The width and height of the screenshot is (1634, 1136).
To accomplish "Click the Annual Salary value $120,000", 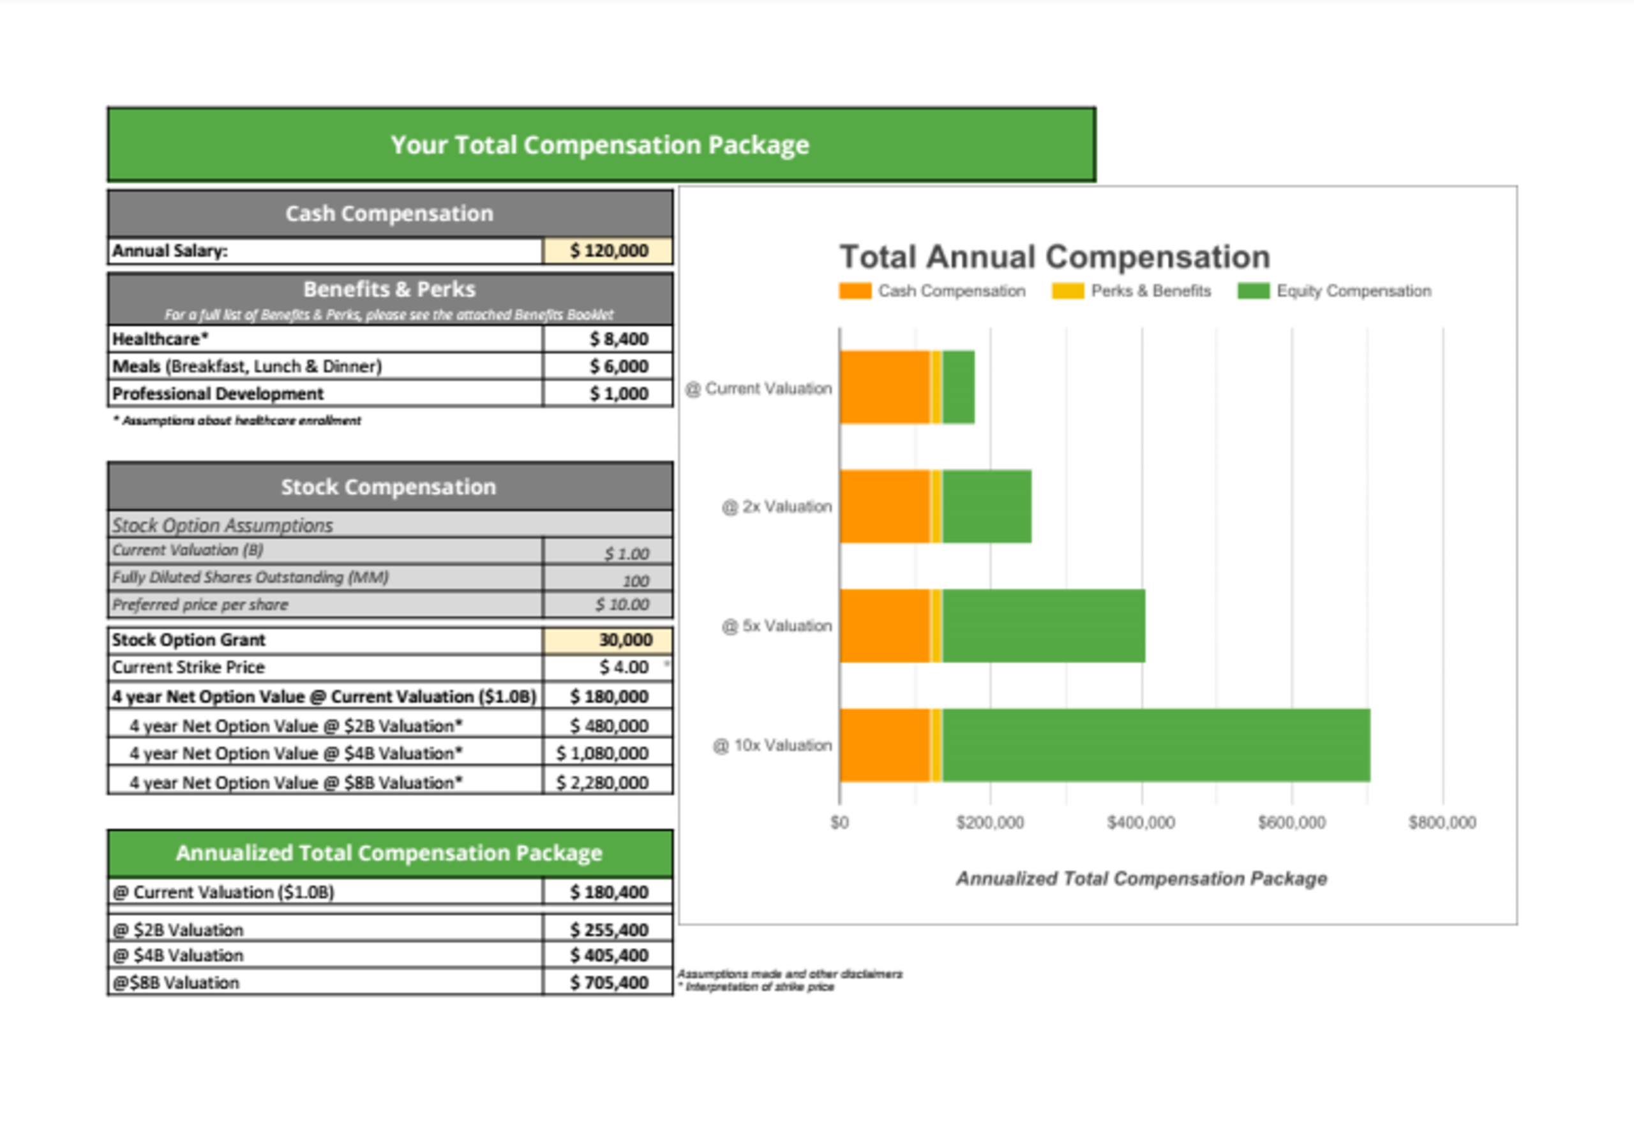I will pyautogui.click(x=608, y=251).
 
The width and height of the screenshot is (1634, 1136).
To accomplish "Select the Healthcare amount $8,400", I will pyautogui.click(x=618, y=339).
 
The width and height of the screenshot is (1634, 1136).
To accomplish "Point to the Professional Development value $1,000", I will pyautogui.click(x=618, y=394).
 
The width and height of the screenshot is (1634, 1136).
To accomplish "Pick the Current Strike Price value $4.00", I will pyautogui.click(x=623, y=667).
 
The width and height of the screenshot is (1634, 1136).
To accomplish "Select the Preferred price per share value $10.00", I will pyautogui.click(x=621, y=605).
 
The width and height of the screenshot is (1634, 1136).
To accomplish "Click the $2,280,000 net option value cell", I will pyautogui.click(x=601, y=783).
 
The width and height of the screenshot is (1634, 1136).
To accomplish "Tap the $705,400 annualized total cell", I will pyautogui.click(x=608, y=982).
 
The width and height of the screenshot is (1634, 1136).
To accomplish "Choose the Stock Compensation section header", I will pyautogui.click(x=389, y=487).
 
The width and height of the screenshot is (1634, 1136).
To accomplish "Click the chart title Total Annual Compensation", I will pyautogui.click(x=1054, y=258).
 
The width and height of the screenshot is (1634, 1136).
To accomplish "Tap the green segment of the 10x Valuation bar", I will pyautogui.click(x=1156, y=745).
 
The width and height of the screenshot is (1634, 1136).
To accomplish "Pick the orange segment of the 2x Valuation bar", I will pyautogui.click(x=884, y=506).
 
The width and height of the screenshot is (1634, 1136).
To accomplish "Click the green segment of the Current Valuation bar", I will pyautogui.click(x=958, y=388).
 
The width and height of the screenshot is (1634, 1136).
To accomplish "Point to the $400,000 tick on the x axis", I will pyautogui.click(x=1141, y=823).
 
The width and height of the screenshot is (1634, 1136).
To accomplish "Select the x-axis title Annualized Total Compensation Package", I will pyautogui.click(x=1141, y=879).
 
